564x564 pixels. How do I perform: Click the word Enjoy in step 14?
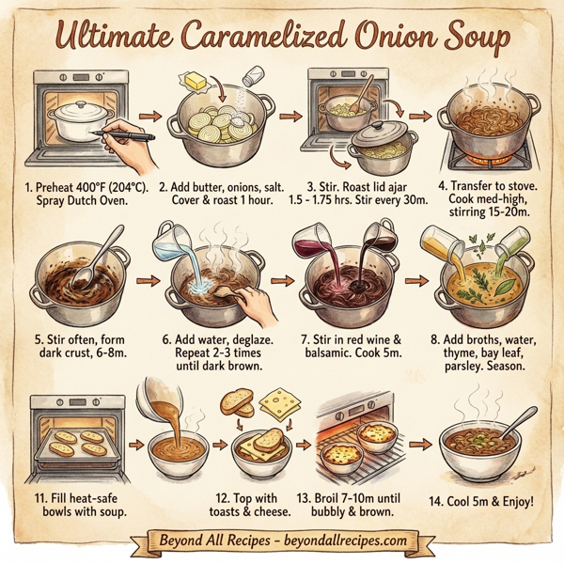tap(512, 502)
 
